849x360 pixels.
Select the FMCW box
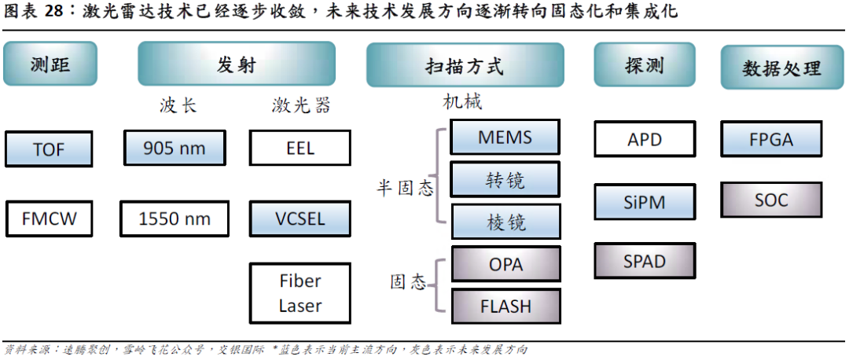pyautogui.click(x=49, y=219)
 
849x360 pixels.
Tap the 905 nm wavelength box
pyautogui.click(x=175, y=147)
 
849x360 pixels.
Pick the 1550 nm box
pyautogui.click(x=175, y=219)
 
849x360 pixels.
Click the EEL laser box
pyautogui.click(x=300, y=147)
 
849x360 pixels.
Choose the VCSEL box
pyautogui.click(x=300, y=218)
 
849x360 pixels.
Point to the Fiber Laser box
pyautogui.click(x=300, y=293)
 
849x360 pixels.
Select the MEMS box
pyautogui.click(x=505, y=138)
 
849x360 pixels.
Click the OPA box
pyautogui.click(x=505, y=264)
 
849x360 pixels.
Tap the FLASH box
pyautogui.click(x=505, y=306)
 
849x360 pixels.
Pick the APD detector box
pyautogui.click(x=645, y=140)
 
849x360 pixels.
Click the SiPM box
pyautogui.click(x=645, y=202)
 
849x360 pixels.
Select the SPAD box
pyautogui.click(x=645, y=262)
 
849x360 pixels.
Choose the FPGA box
pyautogui.click(x=770, y=140)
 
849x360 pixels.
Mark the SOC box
pyautogui.click(x=770, y=200)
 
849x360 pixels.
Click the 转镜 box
pyautogui.click(x=505, y=180)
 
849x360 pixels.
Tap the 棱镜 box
pyautogui.click(x=505, y=222)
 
